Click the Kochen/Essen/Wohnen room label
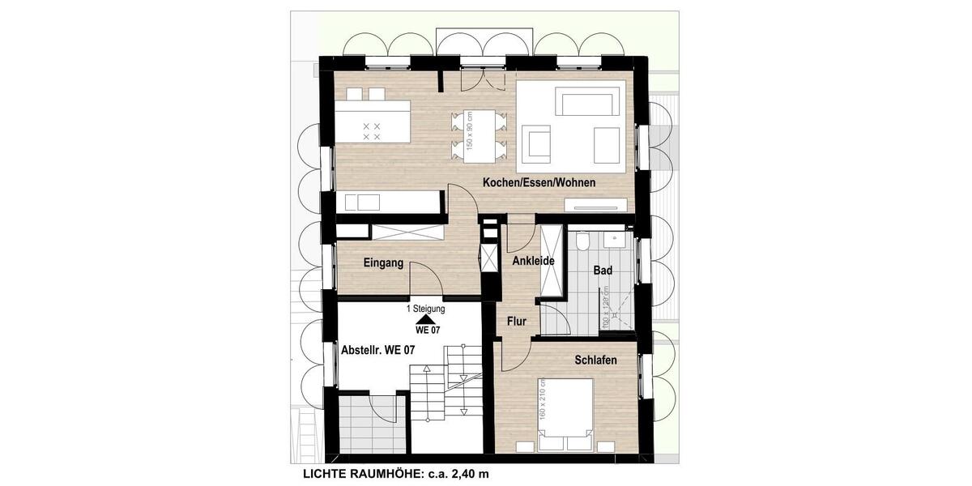tap(539, 183)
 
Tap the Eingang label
tap(383, 262)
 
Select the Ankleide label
tap(533, 261)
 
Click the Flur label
tap(517, 322)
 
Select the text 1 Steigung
tap(425, 309)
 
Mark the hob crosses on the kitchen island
tap(372, 132)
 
